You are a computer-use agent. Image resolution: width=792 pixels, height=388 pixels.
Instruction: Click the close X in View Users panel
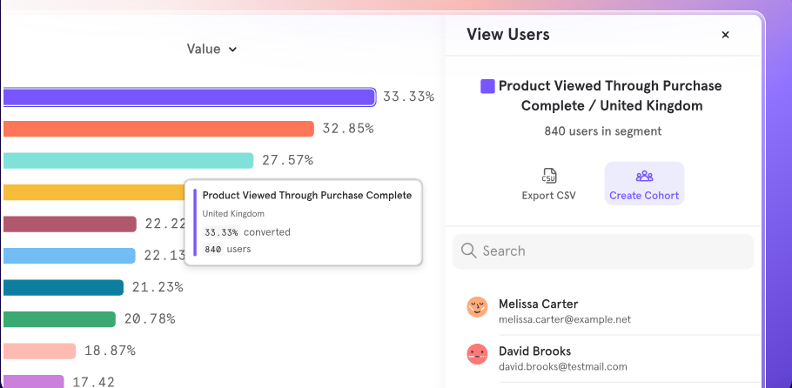point(725,35)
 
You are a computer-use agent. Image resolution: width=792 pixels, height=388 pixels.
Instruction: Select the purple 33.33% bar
point(190,97)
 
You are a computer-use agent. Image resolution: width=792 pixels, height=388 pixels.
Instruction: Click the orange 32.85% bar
point(158,129)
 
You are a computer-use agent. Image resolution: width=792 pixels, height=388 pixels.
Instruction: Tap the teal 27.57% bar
point(128,161)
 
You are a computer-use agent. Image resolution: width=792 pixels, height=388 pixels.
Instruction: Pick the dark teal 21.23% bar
point(64,287)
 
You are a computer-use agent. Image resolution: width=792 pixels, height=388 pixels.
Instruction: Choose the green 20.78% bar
point(59,319)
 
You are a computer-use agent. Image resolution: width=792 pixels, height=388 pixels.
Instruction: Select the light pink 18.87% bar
point(39,351)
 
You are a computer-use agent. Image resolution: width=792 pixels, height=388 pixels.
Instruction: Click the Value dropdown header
point(211,49)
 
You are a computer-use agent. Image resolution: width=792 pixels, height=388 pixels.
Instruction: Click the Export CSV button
point(548,184)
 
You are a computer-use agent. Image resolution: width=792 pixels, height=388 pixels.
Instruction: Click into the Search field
point(603,251)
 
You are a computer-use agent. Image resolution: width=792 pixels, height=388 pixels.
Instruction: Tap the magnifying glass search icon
point(469,251)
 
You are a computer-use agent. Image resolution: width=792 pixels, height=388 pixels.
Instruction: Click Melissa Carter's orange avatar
point(477,307)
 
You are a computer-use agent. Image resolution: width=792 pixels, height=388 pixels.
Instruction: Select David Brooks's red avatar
point(477,354)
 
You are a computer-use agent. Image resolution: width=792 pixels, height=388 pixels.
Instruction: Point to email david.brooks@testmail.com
point(563,367)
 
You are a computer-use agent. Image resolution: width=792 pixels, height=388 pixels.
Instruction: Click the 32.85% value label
point(348,129)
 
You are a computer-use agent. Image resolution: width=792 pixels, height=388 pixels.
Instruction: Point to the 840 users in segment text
point(602,131)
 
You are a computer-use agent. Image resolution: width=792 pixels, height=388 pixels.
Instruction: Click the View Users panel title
point(508,34)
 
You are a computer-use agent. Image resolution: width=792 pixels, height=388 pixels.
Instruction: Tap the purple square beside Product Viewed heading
point(487,86)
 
